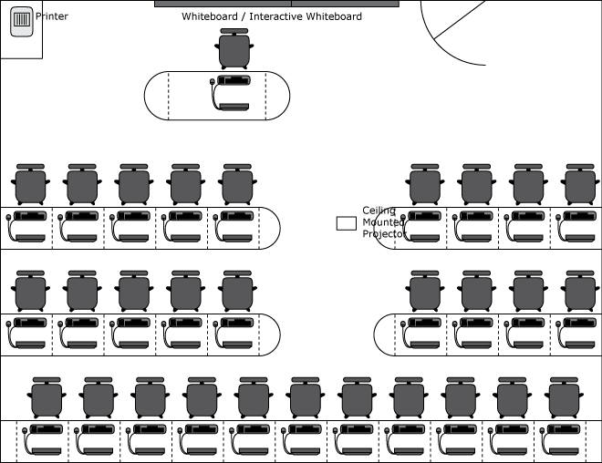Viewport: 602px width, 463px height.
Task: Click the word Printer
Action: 52,16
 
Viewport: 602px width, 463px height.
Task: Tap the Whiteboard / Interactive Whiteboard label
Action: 272,16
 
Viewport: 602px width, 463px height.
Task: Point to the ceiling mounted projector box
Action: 346,223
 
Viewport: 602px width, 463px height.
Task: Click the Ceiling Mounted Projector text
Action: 384,222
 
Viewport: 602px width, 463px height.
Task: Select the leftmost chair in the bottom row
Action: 47,398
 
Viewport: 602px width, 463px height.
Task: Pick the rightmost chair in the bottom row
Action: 561,398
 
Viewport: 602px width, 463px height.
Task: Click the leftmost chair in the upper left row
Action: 30,185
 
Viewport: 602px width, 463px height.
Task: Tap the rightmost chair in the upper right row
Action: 578,185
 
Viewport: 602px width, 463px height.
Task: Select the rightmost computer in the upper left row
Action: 235,226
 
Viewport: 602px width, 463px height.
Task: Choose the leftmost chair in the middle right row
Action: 425,291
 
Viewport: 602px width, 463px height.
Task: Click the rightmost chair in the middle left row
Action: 236,291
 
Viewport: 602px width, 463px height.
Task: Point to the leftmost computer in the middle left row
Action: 27,333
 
